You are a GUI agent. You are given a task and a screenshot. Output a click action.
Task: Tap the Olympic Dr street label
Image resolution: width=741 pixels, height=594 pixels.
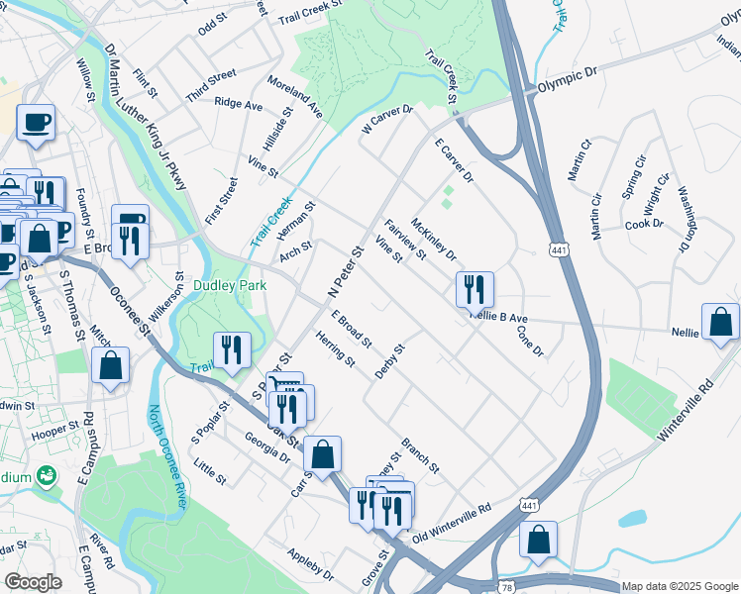[569, 80]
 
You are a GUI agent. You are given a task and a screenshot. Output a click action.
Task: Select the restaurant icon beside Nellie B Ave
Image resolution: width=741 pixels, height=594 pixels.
[475, 289]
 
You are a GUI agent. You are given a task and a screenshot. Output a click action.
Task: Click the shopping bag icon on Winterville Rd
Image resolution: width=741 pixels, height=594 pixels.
[719, 323]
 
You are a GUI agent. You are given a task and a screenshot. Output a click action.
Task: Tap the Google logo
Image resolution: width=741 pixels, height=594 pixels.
[33, 582]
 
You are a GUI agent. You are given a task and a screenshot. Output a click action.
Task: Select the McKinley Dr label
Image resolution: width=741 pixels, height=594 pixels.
[433, 240]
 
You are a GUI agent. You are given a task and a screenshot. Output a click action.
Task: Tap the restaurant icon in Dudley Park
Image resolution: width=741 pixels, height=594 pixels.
[233, 349]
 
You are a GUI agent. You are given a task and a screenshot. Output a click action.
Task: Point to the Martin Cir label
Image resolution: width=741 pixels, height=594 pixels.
[579, 158]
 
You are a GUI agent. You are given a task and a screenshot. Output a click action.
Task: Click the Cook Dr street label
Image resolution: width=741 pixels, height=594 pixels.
[644, 224]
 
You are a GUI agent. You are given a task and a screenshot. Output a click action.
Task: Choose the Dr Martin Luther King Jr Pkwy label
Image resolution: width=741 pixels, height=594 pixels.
[145, 115]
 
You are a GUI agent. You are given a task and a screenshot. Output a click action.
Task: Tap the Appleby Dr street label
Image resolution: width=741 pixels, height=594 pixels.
[310, 563]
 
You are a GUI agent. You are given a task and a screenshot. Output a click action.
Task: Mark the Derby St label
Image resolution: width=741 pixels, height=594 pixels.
[391, 360]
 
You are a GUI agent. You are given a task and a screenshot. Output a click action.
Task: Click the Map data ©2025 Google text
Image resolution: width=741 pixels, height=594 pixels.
[680, 586]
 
